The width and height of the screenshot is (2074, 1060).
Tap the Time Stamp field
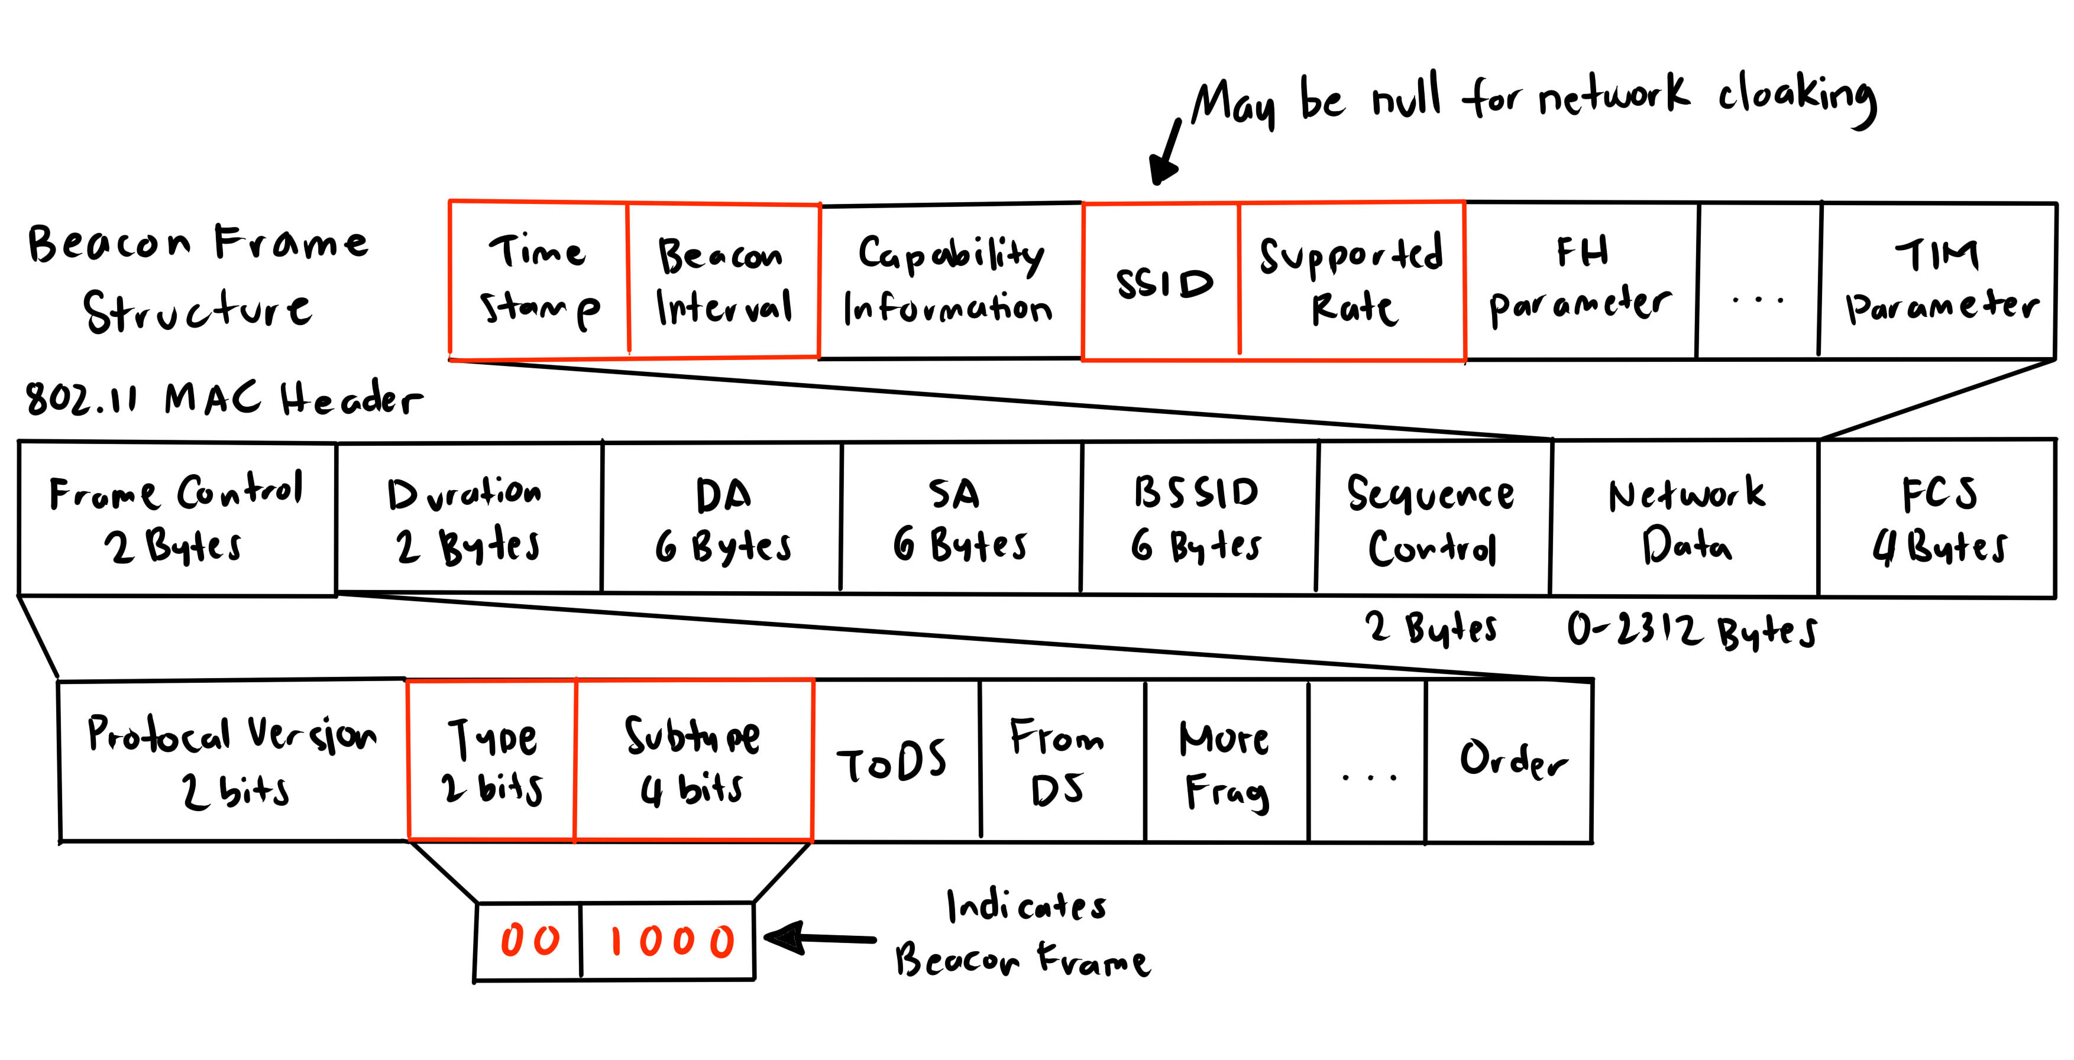pyautogui.click(x=538, y=278)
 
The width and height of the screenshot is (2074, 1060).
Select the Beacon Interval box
pyautogui.click(x=723, y=280)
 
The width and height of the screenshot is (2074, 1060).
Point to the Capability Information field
pyautogui.click(x=950, y=280)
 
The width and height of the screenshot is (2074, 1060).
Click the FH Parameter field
pyautogui.click(x=1580, y=280)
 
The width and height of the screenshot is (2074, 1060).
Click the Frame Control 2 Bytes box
pyautogui.click(x=177, y=519)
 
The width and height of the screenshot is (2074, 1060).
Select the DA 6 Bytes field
pyautogui.click(x=721, y=519)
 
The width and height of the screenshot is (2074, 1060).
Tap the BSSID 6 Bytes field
pyautogui.click(x=1198, y=519)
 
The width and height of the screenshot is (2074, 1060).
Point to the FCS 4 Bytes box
pyautogui.click(x=1937, y=519)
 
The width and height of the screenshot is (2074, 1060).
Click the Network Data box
pyautogui.click(x=1684, y=519)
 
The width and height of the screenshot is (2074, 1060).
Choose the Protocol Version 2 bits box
pyautogui.click(x=232, y=761)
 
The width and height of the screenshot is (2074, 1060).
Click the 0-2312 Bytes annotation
pyautogui.click(x=1691, y=630)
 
